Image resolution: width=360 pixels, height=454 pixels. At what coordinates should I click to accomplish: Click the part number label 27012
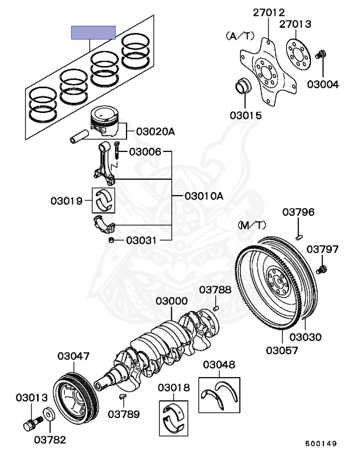269,12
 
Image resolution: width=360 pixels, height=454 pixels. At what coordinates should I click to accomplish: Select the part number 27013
295,24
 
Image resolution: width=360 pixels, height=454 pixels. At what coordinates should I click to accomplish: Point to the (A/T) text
240,36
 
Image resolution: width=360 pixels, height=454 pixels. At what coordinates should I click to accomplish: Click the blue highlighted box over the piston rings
93,33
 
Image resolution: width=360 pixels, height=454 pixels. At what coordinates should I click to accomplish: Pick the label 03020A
155,132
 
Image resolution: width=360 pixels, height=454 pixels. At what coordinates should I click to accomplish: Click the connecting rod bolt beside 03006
116,150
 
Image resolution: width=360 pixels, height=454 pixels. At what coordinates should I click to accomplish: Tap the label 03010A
204,196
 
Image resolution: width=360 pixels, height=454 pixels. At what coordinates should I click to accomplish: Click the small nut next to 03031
111,240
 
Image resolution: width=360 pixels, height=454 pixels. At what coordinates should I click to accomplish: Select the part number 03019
67,200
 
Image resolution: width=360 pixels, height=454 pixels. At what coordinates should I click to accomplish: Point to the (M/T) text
252,225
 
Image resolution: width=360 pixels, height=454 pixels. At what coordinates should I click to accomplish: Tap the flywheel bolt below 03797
321,270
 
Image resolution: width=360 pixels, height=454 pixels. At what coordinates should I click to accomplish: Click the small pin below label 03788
215,309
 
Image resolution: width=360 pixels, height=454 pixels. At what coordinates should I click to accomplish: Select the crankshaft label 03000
171,301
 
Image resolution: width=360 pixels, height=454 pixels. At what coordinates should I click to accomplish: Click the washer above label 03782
48,414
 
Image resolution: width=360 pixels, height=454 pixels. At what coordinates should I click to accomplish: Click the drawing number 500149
321,443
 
